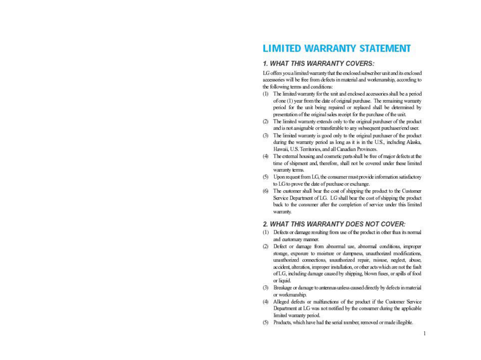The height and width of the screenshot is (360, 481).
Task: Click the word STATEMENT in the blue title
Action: pos(385,49)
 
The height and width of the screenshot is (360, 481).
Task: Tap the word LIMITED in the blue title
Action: pos(282,49)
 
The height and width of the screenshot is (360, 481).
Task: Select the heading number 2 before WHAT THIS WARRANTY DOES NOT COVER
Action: pos(265,224)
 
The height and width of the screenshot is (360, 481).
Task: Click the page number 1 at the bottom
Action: pos(424,333)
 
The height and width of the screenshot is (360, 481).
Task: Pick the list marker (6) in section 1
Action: pos(266,191)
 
